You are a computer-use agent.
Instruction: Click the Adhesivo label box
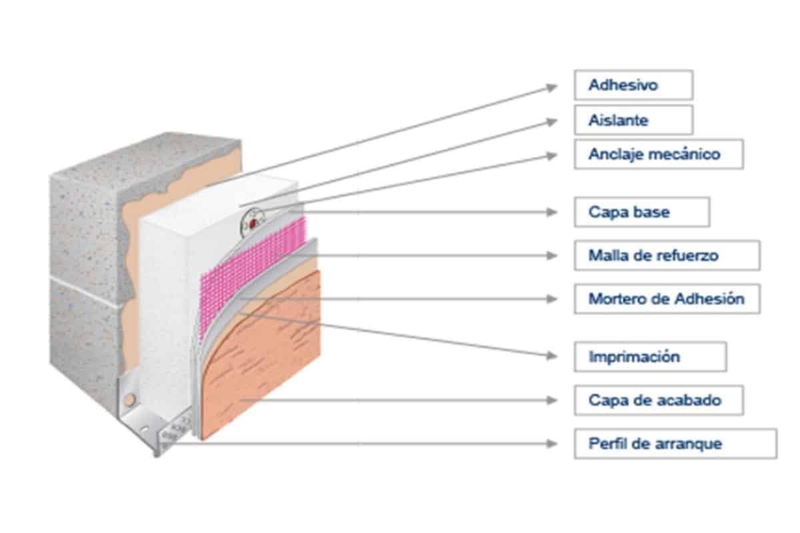633,85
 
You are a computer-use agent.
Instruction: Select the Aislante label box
633,120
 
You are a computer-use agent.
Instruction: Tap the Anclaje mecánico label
658,154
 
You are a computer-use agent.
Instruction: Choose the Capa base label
641,212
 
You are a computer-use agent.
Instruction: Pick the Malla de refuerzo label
667,255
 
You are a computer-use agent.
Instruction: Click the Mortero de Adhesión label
667,298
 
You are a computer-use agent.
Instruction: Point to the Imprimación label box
650,356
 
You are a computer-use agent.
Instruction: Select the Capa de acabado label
658,400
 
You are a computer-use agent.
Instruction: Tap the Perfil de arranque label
675,444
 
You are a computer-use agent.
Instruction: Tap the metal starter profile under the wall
160,426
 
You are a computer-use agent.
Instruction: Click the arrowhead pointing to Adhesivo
551,87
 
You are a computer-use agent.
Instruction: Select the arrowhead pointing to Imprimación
551,356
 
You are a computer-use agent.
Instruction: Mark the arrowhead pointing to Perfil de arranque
551,444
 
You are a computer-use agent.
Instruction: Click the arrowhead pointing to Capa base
551,212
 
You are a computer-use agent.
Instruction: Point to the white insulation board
167,300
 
